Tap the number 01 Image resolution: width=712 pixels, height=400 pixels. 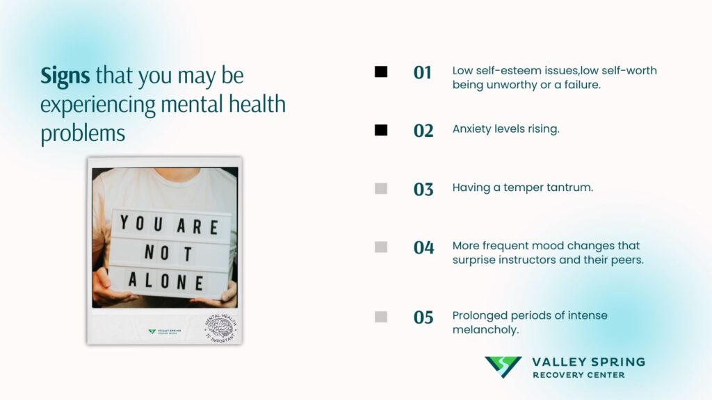tap(423, 72)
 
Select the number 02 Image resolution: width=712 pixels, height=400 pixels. tap(423, 131)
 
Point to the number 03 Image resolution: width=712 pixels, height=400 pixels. tap(423, 189)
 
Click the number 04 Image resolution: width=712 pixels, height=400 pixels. tap(423, 247)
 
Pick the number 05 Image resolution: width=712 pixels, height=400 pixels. tap(423, 317)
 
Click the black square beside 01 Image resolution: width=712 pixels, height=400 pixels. tap(381, 72)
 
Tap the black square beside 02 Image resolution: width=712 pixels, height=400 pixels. tap(381, 130)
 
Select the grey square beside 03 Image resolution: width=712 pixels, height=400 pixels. tap(381, 188)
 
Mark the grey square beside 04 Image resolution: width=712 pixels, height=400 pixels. tap(381, 247)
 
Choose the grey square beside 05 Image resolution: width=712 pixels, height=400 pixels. tap(381, 317)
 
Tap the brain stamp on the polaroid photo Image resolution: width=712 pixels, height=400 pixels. tap(220, 327)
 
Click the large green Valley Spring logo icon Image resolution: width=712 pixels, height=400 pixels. tap(503, 367)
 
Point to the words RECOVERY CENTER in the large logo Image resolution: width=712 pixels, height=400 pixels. tap(578, 375)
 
